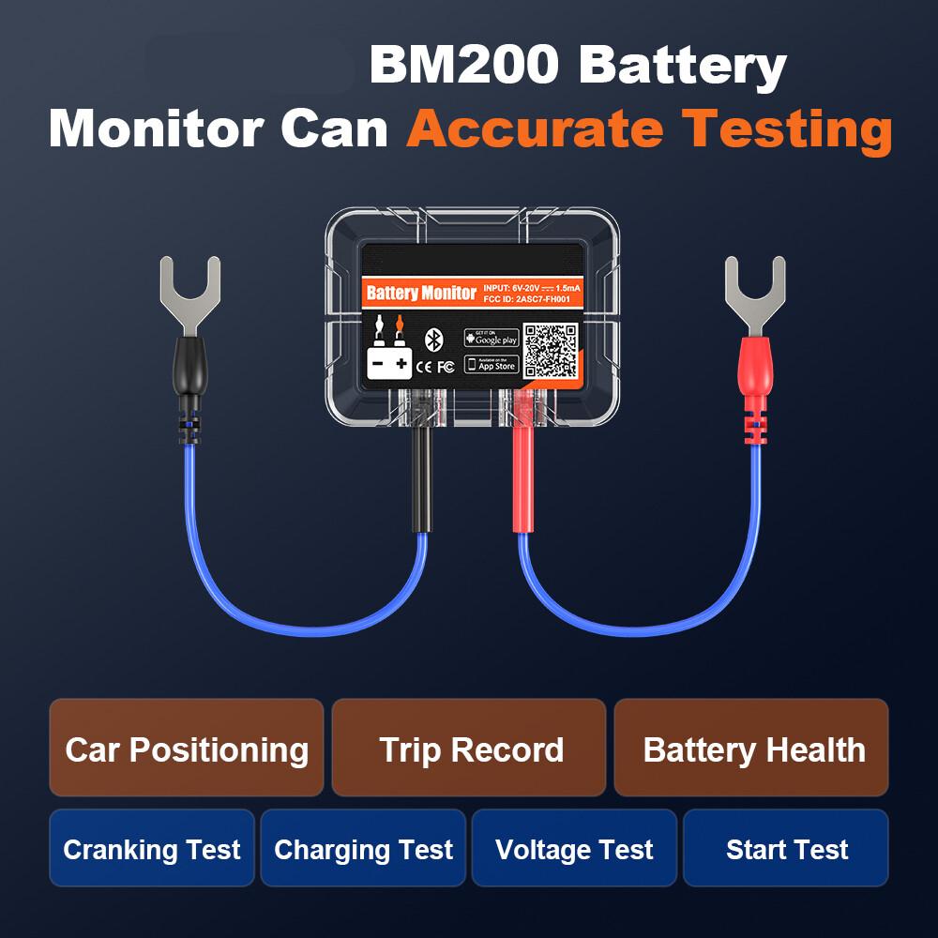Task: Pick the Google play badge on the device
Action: [492, 338]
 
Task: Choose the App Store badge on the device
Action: [492, 364]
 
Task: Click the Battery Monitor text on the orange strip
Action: [421, 293]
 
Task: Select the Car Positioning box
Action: [187, 749]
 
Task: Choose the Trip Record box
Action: [470, 749]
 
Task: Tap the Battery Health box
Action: [752, 749]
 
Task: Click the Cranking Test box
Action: [152, 849]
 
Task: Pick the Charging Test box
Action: [363, 849]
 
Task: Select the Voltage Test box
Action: [574, 849]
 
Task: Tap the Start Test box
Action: [786, 849]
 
